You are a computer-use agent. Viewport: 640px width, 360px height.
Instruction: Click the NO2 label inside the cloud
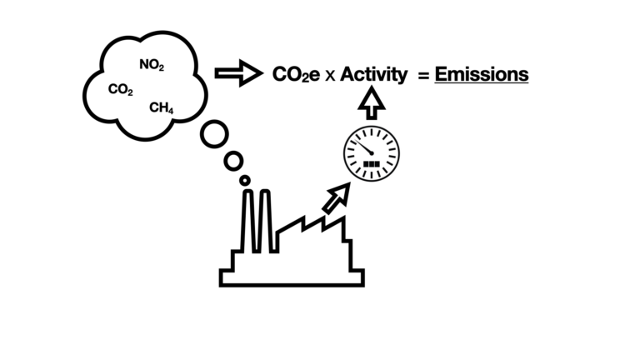pos(152,65)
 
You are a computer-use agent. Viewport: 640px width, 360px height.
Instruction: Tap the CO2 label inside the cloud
pos(120,89)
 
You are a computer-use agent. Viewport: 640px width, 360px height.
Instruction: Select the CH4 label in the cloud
pos(161,107)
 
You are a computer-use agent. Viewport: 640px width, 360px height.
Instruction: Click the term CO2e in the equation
pos(296,75)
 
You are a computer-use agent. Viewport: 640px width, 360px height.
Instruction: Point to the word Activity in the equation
pos(373,75)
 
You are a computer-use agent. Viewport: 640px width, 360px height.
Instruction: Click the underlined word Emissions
pos(482,75)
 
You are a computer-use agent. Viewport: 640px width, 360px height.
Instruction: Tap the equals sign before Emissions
pos(423,76)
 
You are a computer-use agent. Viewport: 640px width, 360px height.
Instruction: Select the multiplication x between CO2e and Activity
pos(330,76)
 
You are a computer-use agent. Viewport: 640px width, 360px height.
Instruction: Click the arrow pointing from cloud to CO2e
pos(239,73)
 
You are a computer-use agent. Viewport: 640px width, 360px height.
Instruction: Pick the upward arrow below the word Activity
pos(372,103)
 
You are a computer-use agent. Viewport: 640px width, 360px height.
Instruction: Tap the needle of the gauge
pos(362,146)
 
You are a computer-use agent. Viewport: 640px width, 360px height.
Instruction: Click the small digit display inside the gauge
pos(372,164)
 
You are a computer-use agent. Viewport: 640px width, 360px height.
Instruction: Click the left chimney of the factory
pos(247,220)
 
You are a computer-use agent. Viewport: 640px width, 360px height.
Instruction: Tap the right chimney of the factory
pos(265,220)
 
